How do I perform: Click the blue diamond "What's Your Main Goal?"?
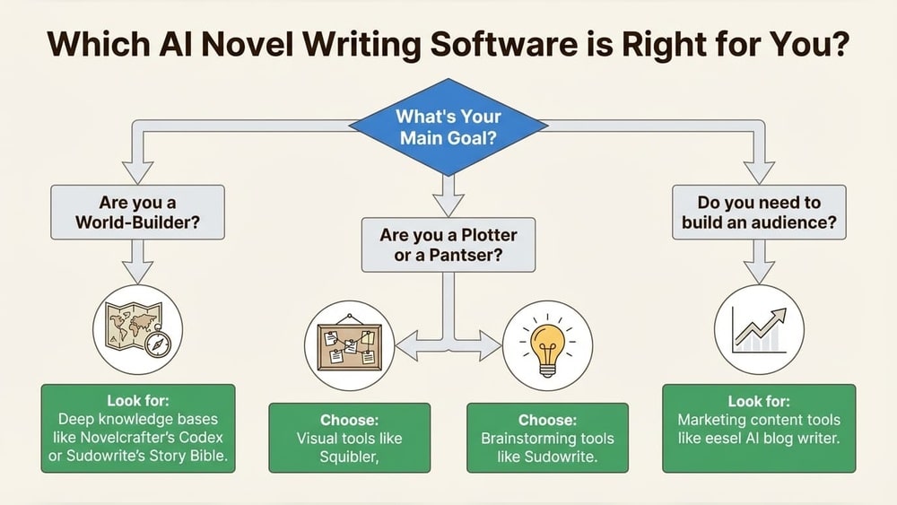pos(448,127)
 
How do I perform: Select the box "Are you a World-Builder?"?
pos(137,213)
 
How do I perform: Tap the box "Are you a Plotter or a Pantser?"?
pos(448,245)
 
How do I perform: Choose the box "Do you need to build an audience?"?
pos(759,213)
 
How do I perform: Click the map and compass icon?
pos(137,329)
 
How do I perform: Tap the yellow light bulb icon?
pos(547,345)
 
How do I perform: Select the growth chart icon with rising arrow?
pos(759,329)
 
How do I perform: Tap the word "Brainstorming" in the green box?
pos(518,439)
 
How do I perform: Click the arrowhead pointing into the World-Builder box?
pos(137,173)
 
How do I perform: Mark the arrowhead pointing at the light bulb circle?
pos(491,345)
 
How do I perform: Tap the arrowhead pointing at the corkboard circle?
pos(406,345)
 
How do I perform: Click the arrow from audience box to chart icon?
pos(759,262)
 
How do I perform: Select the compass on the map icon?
pos(157,344)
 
